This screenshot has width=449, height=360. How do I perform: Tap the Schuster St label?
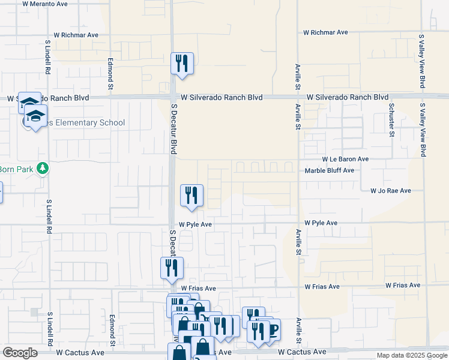[x=391, y=119]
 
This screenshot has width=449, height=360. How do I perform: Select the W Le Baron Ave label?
[x=345, y=160]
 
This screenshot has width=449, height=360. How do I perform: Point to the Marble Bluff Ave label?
[x=330, y=170]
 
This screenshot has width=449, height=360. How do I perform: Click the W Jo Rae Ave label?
[x=390, y=191]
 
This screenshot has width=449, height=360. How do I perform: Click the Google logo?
[x=20, y=353]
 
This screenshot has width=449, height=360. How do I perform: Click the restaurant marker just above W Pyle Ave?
[x=191, y=195]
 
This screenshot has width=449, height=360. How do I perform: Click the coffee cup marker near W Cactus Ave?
[x=271, y=330]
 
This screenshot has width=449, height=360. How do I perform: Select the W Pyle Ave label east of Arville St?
[x=321, y=223]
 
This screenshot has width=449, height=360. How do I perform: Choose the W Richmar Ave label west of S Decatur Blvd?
[x=76, y=35]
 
